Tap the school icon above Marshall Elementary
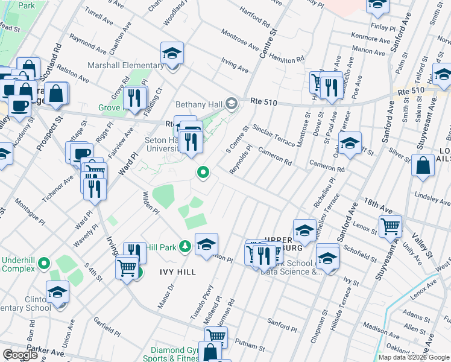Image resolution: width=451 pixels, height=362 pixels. [172, 54]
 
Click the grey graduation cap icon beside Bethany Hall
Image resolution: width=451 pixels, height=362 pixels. [231, 104]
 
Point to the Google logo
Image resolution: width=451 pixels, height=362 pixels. [20, 354]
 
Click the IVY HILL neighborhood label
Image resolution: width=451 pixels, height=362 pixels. [178, 272]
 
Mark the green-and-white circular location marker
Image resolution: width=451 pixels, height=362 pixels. [203, 174]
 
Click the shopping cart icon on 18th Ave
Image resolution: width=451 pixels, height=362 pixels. [391, 227]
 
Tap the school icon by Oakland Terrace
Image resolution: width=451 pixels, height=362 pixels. [350, 144]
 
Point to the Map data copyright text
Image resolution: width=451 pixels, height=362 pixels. [414, 357]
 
